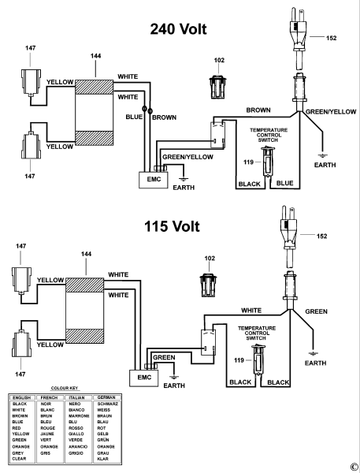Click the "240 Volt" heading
click(x=178, y=29)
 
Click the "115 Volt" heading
click(x=172, y=226)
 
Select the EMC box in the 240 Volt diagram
click(x=153, y=180)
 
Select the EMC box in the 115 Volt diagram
click(x=144, y=378)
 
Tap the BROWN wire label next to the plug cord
click(x=258, y=110)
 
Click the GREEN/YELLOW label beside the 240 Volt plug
click(x=331, y=112)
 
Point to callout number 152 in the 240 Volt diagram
click(x=331, y=38)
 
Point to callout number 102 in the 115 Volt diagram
click(x=210, y=259)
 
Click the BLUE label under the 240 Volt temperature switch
click(x=284, y=183)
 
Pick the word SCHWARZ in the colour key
click(x=107, y=404)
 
